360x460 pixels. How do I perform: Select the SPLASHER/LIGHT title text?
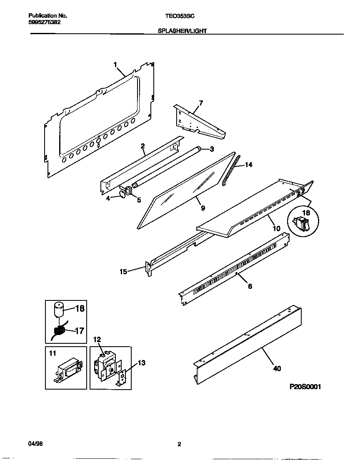(x=182, y=31)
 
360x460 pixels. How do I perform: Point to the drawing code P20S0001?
(x=305, y=387)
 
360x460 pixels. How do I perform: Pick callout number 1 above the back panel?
(x=115, y=64)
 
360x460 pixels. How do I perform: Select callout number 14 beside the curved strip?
(x=248, y=165)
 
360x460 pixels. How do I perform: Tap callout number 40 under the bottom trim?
(x=277, y=368)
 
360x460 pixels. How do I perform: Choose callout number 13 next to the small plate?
(x=141, y=363)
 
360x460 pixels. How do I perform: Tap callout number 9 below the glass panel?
(x=202, y=208)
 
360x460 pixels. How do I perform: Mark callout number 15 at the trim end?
(x=123, y=272)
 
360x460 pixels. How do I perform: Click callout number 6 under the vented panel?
(x=250, y=287)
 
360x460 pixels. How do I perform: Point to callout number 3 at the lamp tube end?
(x=211, y=149)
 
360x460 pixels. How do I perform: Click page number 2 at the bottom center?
(x=179, y=445)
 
